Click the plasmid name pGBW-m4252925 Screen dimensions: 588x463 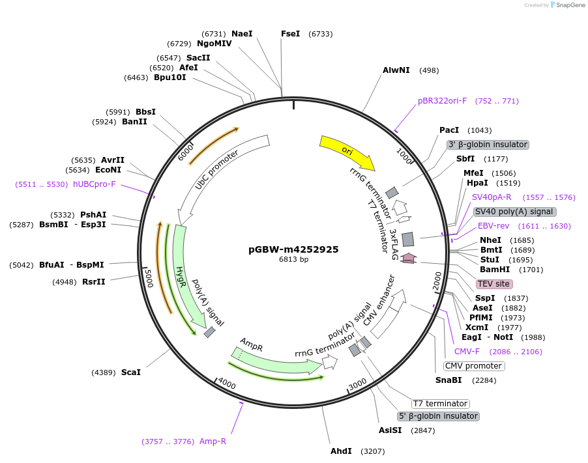[x=293, y=249]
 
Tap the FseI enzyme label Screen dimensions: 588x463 [x=290, y=34]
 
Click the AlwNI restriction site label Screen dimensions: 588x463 [x=396, y=70]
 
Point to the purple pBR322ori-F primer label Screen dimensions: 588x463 [x=442, y=101]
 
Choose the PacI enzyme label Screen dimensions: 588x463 [x=449, y=130]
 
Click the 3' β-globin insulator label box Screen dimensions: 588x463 [x=487, y=145]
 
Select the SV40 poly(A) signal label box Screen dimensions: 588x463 [x=514, y=212]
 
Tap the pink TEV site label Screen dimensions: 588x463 [x=493, y=284]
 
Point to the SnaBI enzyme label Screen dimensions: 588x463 [x=448, y=380]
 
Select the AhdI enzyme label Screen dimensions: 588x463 [x=341, y=451]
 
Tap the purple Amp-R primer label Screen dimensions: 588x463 [x=213, y=442]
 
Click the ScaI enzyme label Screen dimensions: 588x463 [x=130, y=372]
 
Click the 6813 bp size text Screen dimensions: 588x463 [x=293, y=260]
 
